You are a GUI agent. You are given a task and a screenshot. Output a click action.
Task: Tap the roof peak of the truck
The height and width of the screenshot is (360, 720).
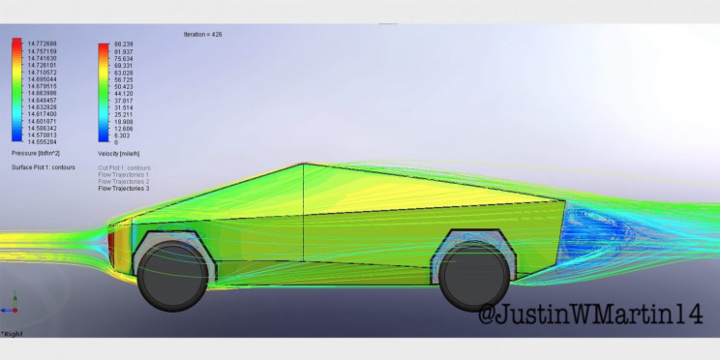pos(304,165)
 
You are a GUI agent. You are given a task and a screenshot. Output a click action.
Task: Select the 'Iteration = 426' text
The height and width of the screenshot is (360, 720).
pos(208,34)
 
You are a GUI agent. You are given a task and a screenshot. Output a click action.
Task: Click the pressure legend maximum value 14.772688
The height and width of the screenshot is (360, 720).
pos(42,44)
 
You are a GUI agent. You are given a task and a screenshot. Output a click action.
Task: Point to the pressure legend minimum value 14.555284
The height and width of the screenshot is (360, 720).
pos(42,142)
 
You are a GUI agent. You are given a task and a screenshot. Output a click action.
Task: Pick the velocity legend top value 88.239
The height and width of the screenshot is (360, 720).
pos(123,44)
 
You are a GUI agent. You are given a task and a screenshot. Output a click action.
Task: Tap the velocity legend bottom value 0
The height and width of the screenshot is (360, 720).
pos(116,142)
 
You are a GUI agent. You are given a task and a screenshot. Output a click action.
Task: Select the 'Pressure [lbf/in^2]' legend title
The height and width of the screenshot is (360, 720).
pos(36,154)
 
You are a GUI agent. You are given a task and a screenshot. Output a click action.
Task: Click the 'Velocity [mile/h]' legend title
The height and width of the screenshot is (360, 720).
pos(121,154)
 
